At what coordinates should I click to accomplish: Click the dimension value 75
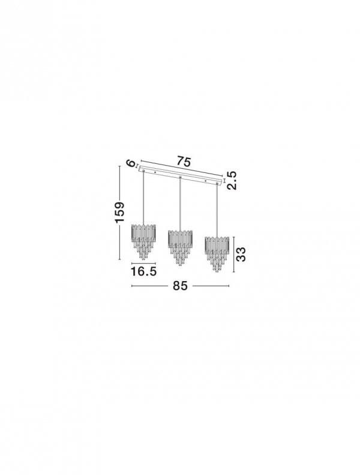[184, 162]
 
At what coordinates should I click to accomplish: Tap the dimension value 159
[119, 212]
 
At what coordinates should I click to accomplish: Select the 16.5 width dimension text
[143, 271]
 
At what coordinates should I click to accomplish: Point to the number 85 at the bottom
[180, 286]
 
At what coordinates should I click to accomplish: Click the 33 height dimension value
[241, 255]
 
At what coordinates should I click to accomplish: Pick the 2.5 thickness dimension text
[232, 180]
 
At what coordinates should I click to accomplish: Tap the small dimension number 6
[130, 163]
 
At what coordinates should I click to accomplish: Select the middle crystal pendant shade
[180, 248]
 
